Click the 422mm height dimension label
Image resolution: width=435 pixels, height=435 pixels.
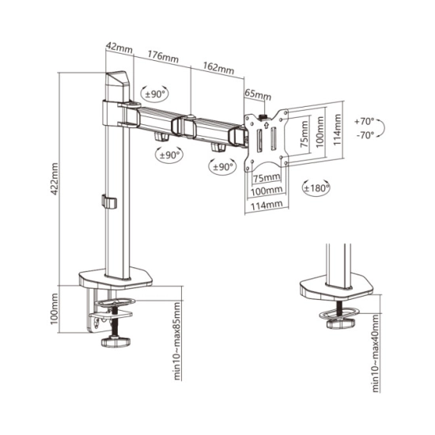[x=55, y=179]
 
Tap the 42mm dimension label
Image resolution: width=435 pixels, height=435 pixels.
[x=119, y=47]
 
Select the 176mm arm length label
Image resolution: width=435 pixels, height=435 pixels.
[x=163, y=56]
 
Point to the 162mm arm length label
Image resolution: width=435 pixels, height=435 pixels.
[x=218, y=68]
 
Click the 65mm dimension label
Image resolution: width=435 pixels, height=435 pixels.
[x=258, y=94]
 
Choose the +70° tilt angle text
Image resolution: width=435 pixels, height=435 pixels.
[x=365, y=122]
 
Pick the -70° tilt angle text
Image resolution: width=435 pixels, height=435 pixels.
[x=365, y=135]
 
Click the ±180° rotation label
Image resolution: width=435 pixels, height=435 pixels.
[x=316, y=188]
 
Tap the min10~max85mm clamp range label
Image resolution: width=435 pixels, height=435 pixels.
[x=176, y=341]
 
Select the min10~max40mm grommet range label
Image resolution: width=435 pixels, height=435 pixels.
[x=376, y=354]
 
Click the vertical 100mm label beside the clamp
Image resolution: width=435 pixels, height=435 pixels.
[x=55, y=308]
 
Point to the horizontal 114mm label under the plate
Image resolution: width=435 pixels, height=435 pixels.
[x=267, y=206]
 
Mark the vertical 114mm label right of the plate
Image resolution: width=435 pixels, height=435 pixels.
[x=337, y=130]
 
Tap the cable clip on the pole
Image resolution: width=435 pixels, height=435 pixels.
[x=109, y=202]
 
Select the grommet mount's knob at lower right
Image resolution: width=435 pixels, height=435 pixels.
[x=341, y=323]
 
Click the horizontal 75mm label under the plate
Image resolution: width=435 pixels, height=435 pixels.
[x=267, y=177]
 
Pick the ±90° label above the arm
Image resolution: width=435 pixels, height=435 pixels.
[x=155, y=94]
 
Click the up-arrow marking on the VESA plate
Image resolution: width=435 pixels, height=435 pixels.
[x=267, y=124]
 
